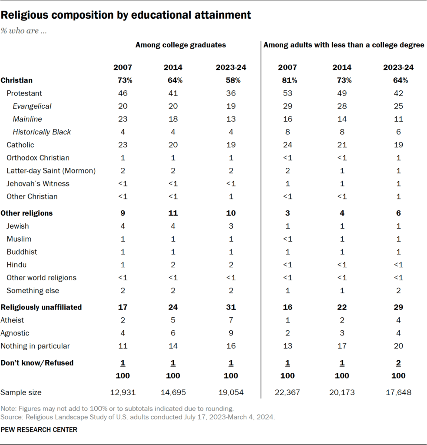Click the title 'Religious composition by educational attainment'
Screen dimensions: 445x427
126,15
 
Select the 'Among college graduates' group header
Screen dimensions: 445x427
181,45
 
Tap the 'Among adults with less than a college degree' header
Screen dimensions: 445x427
344,45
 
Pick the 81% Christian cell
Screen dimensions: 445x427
288,80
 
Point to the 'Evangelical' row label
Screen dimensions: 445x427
32,106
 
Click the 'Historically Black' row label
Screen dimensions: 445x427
42,132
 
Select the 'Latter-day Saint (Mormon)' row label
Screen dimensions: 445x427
51,170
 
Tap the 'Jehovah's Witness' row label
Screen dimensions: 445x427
38,183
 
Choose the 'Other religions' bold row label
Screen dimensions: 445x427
27,213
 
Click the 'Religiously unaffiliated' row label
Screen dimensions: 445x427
41,307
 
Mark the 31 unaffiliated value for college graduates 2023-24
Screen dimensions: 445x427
231,307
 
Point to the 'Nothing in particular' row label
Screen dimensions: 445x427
36,346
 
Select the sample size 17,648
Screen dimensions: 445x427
398,392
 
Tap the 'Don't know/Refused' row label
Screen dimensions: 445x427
37,363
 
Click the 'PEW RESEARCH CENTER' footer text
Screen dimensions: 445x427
39,430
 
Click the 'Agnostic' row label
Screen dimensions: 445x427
15,333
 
